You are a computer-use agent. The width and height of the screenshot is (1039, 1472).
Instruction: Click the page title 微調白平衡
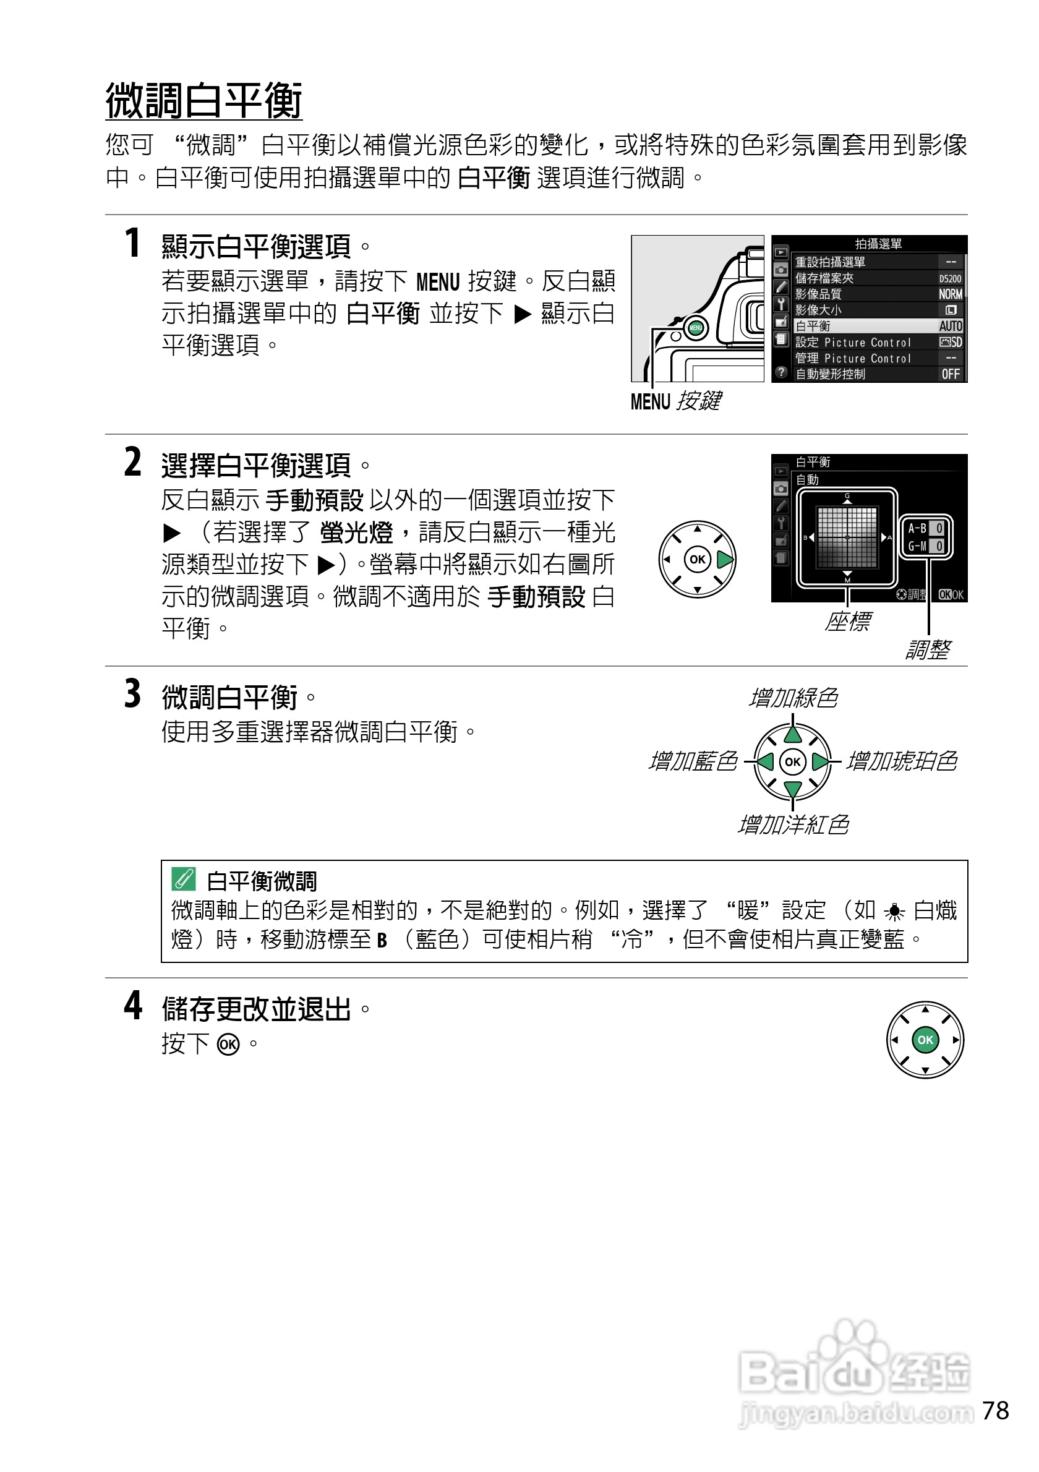tap(203, 101)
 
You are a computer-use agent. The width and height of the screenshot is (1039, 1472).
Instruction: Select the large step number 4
tap(133, 1005)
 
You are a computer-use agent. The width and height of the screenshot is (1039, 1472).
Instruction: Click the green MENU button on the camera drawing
tap(695, 328)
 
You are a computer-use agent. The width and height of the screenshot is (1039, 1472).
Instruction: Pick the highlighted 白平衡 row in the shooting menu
tap(878, 327)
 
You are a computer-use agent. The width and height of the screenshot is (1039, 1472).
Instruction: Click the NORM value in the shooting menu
tap(950, 294)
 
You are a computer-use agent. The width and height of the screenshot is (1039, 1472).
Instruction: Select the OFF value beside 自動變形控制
tap(950, 374)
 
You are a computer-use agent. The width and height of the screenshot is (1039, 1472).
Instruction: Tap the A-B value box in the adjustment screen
tap(938, 528)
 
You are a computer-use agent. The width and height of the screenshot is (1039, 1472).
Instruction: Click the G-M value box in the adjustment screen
tap(938, 546)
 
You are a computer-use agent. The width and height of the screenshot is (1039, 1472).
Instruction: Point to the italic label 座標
tap(847, 621)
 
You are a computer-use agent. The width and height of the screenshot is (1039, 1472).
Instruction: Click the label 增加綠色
tap(793, 698)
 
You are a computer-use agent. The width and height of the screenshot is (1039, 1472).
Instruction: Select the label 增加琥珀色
tap(901, 761)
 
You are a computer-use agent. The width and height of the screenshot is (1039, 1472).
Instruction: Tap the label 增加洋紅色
tap(793, 825)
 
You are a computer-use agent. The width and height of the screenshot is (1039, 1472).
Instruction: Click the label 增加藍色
tap(693, 761)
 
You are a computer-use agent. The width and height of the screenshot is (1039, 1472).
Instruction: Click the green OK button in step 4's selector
tap(925, 1040)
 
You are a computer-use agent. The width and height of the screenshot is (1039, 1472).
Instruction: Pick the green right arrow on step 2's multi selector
tap(724, 560)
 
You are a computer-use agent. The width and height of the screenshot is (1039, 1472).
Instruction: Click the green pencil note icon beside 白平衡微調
tap(183, 879)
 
